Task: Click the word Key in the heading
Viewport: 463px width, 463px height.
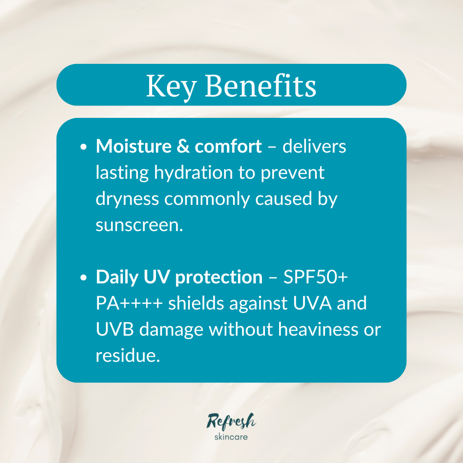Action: pos(171,86)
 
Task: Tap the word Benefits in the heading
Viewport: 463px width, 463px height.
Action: pos(261,85)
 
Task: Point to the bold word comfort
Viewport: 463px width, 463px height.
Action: pos(228,147)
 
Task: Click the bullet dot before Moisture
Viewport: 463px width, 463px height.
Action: pos(84,147)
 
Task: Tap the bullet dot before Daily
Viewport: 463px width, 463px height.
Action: pos(84,278)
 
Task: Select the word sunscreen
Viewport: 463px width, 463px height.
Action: pos(139,225)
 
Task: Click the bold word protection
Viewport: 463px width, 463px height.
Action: pos(219,278)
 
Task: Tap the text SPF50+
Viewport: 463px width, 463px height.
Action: pos(316,277)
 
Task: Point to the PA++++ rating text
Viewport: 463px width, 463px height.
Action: pos(129,304)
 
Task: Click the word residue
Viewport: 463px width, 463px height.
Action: pos(128,355)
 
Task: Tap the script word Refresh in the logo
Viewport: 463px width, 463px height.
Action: pos(231,421)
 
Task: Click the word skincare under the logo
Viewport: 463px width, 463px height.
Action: pos(231,437)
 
